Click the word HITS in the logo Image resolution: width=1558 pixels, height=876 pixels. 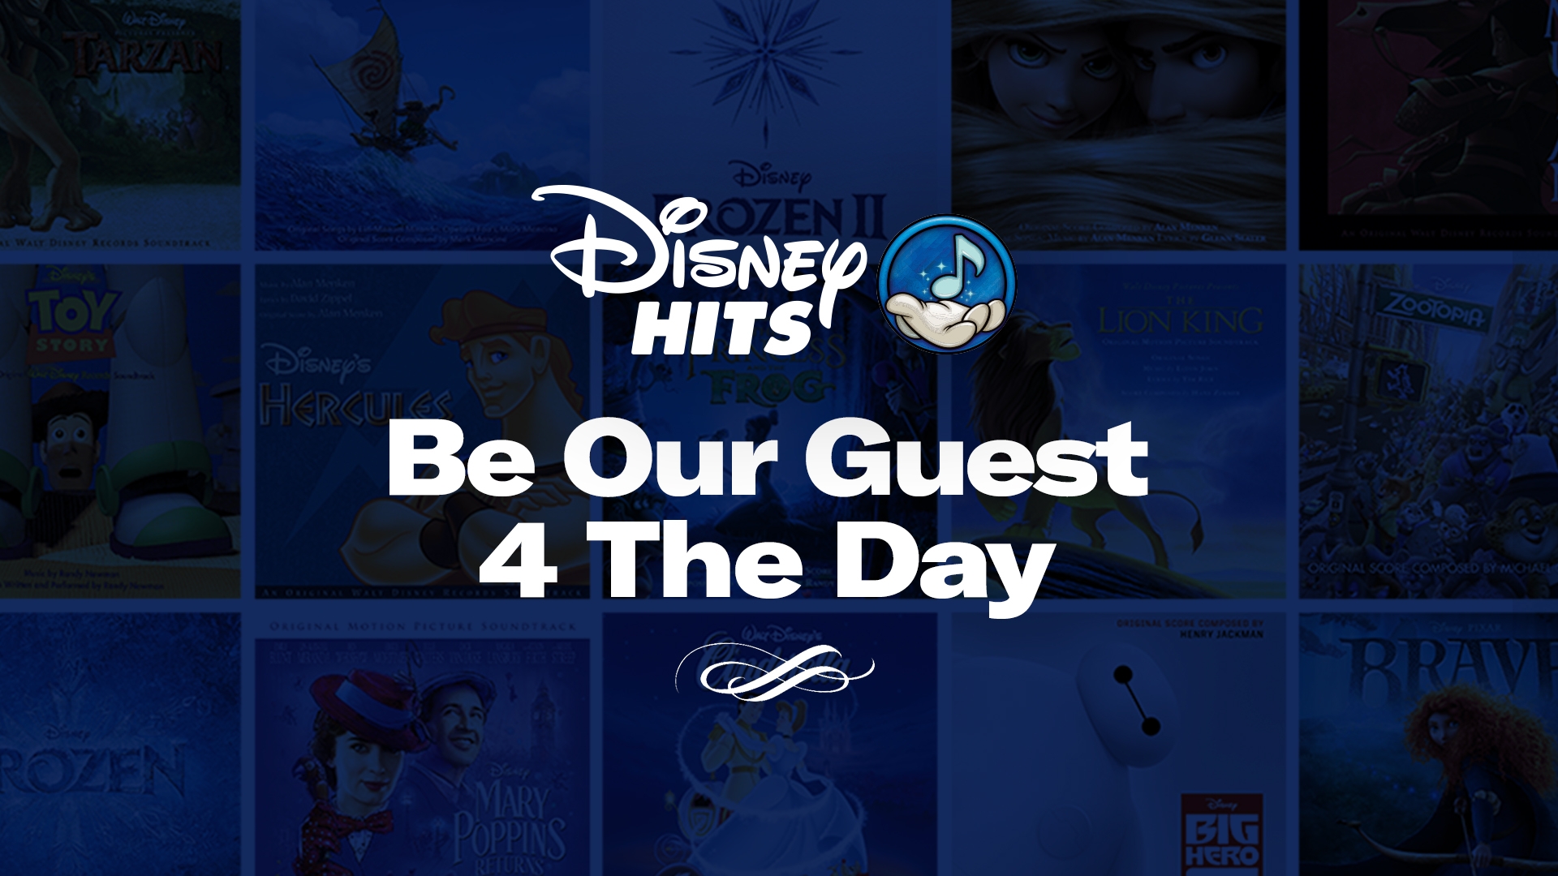[x=721, y=328]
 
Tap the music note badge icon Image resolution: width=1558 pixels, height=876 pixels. [x=946, y=283]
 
